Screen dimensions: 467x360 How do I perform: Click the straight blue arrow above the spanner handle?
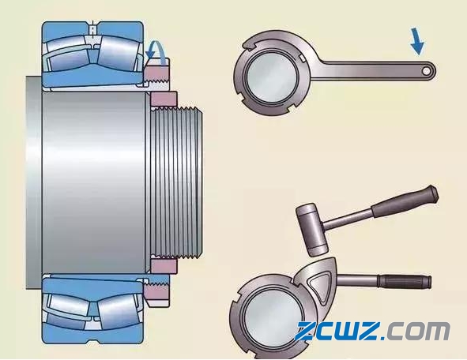417,41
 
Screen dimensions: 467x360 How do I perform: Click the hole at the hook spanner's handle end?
426,71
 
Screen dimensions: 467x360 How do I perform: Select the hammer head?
311,230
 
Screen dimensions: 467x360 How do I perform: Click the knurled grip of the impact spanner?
405,282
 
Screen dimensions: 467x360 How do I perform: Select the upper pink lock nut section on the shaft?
164,99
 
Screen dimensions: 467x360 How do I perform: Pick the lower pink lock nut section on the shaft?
164,266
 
